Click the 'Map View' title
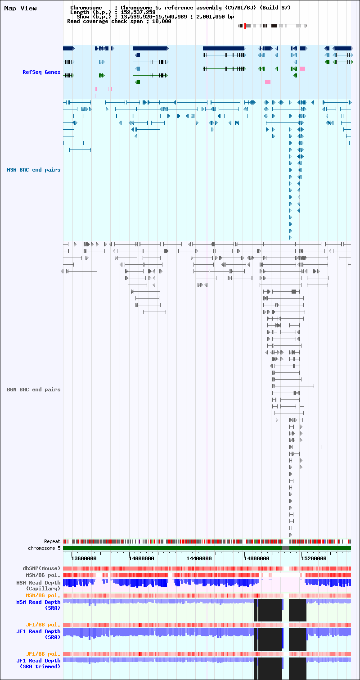click(x=20, y=9)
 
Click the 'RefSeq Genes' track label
click(x=41, y=72)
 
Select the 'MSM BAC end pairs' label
click(x=33, y=170)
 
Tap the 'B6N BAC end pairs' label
click(x=33, y=390)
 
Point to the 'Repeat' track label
click(x=52, y=541)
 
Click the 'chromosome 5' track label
click(x=44, y=548)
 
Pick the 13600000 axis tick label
click(x=84, y=558)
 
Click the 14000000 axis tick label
click(x=141, y=558)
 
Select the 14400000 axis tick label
click(x=199, y=558)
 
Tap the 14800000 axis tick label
click(x=256, y=558)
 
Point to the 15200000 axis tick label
click(x=314, y=558)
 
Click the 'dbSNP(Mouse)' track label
click(x=41, y=568)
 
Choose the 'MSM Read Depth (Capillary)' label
click(x=38, y=585)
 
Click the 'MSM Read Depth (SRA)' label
click(x=38, y=605)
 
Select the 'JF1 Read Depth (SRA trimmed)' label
click(x=38, y=664)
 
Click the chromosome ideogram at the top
click(x=273, y=26)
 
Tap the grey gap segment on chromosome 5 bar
click(x=286, y=548)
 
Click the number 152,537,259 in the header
click(x=138, y=12)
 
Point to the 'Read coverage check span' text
click(x=97, y=21)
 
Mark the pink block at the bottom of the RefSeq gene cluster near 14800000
click(x=267, y=82)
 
